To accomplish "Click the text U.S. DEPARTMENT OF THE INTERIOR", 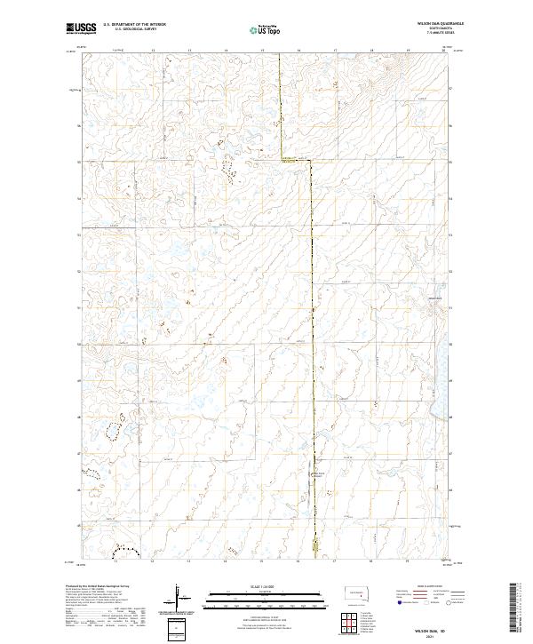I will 133,25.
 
